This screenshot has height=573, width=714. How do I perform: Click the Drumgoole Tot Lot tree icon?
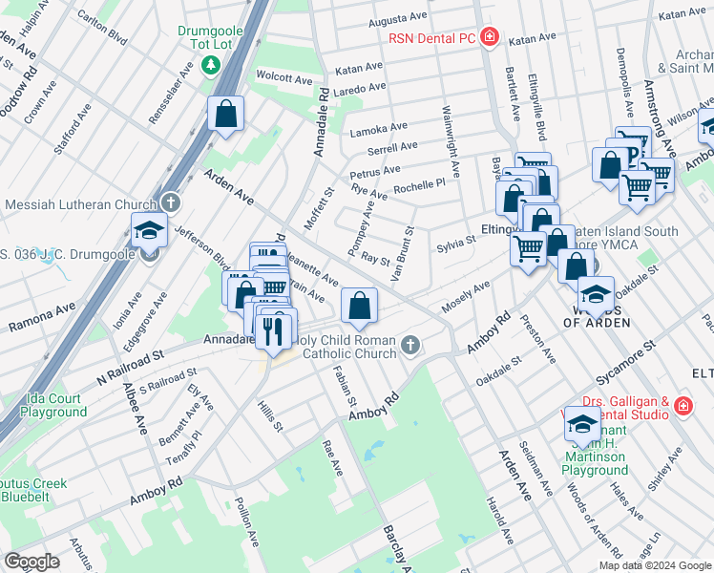(211, 65)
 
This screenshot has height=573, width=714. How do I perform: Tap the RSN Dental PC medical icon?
(490, 38)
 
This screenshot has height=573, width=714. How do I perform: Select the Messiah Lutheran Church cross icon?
(170, 203)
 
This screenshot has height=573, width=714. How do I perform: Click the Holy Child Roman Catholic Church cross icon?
(410, 344)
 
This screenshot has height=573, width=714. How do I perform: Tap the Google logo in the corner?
(32, 562)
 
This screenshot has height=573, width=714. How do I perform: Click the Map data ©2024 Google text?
(655, 565)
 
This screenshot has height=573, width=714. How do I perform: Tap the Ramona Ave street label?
(41, 319)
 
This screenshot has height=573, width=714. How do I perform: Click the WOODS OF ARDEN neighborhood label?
(597, 315)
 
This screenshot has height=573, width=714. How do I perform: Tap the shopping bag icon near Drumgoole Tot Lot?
(226, 115)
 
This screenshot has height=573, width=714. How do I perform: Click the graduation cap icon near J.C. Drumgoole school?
(148, 230)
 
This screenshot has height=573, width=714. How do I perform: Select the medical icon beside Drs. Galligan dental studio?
(683, 407)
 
